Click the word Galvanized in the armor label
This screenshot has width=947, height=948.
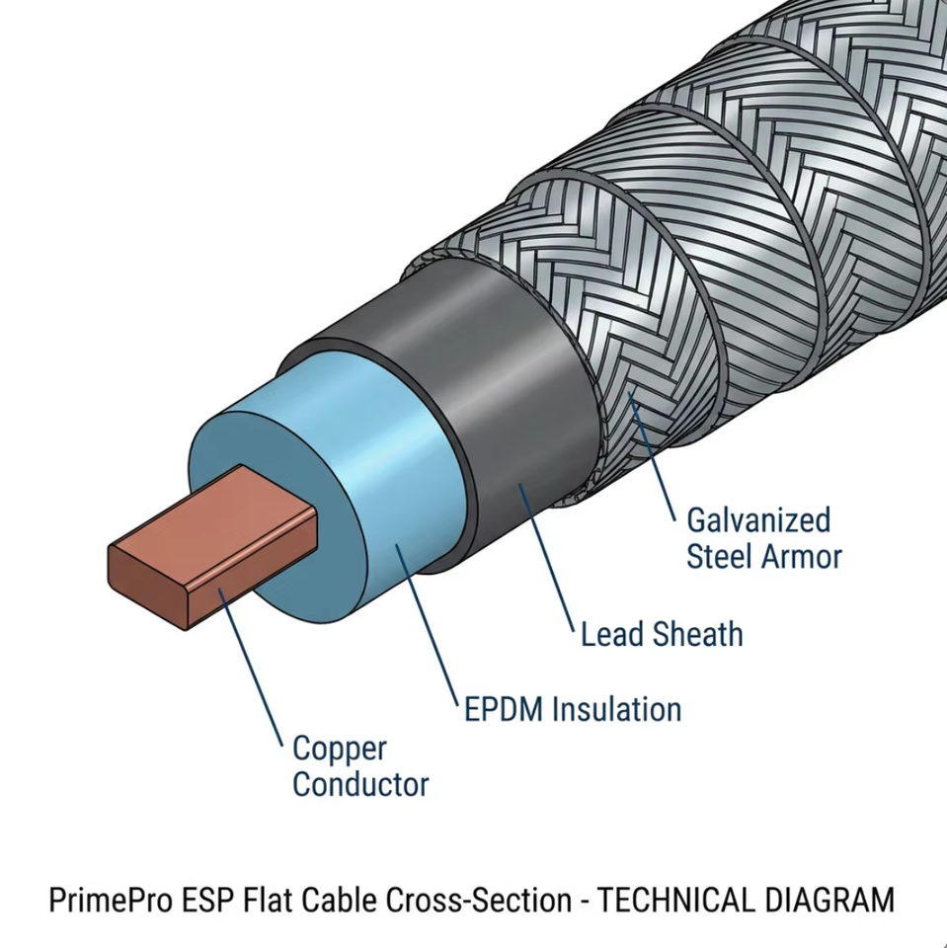click(758, 520)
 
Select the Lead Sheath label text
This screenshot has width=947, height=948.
click(662, 634)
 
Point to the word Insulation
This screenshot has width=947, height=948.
click(617, 709)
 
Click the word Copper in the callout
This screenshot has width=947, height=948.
click(340, 750)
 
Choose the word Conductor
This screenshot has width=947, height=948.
click(360, 784)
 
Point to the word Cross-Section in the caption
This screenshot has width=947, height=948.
click(478, 899)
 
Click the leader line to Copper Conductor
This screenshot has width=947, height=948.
click(251, 667)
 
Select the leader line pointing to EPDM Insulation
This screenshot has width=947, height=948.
click(427, 625)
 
